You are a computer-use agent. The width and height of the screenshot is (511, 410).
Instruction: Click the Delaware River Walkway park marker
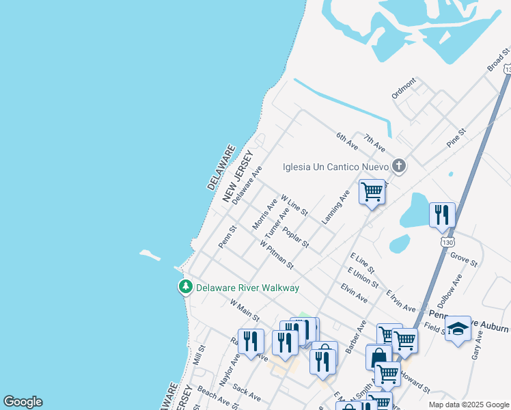pyautogui.click(x=185, y=288)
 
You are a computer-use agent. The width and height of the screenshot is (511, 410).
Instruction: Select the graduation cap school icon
pyautogui.click(x=458, y=329)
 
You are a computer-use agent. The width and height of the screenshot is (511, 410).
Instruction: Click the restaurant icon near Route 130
pyautogui.click(x=442, y=215)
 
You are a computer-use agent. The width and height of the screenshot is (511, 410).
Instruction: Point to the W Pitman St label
pyautogui.click(x=276, y=254)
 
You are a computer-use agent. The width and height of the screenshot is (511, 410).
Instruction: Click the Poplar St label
pyautogui.click(x=296, y=238)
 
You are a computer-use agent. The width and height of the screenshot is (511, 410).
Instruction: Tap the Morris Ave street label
pyautogui.click(x=264, y=214)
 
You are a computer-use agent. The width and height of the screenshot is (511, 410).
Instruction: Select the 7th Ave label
pyautogui.click(x=374, y=143)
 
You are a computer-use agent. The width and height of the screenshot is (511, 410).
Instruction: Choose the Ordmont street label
pyautogui.click(x=404, y=89)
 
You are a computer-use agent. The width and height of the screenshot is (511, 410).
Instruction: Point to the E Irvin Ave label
pyautogui.click(x=401, y=301)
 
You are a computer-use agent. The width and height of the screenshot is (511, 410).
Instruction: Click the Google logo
pyautogui.click(x=23, y=402)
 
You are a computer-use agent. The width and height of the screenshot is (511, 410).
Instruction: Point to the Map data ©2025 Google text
pyautogui.click(x=468, y=405)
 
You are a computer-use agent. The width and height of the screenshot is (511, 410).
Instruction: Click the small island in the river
pyautogui.click(x=150, y=256)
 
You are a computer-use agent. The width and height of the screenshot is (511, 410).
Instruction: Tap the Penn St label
pyautogui.click(x=227, y=236)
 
